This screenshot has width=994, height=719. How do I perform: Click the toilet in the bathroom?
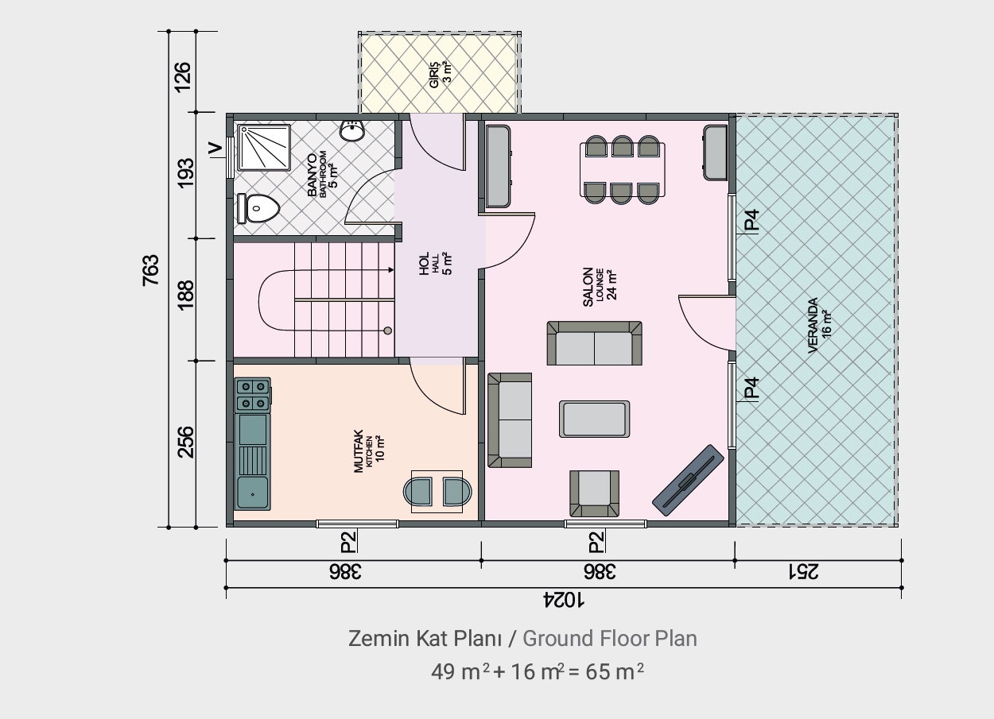click(x=258, y=208)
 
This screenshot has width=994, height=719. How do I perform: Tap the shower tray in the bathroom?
click(x=264, y=148)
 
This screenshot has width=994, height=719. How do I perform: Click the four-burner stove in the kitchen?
click(x=253, y=394)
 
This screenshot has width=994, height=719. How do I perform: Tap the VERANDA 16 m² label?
click(x=819, y=326)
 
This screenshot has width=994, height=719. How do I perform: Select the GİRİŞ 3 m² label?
click(x=441, y=75)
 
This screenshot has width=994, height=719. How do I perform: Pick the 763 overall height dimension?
click(x=150, y=270)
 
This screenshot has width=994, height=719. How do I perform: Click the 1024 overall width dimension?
click(x=564, y=600)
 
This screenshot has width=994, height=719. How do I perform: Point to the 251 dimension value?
click(x=803, y=572)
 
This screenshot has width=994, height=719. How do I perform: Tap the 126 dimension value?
click(x=183, y=77)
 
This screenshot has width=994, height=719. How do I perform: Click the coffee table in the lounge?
click(x=594, y=419)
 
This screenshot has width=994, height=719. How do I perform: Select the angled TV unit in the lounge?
click(x=688, y=481)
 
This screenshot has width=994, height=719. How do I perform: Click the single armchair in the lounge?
click(x=594, y=493)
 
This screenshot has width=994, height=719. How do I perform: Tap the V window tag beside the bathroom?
click(x=215, y=149)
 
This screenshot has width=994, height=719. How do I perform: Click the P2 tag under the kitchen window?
click(x=348, y=542)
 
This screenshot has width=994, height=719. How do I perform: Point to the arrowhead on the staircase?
click(x=391, y=269)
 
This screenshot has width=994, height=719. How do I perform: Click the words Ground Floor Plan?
click(x=610, y=639)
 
